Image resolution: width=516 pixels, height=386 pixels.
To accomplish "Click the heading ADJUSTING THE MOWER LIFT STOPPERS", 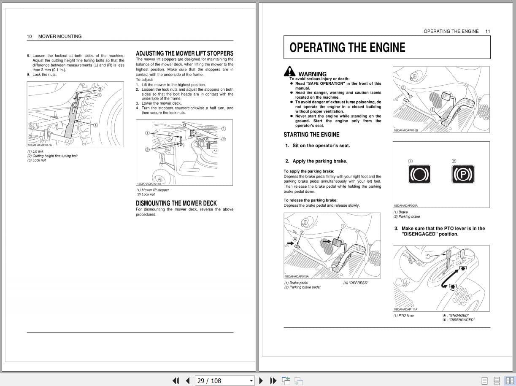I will (184, 53).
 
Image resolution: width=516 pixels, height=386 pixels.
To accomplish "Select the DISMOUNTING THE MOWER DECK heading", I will (176, 203).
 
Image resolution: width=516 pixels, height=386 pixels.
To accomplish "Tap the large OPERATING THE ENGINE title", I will (347, 47).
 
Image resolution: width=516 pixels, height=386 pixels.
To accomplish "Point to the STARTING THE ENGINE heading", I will (311, 135).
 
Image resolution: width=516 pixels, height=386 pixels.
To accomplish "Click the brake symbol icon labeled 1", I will (419, 174).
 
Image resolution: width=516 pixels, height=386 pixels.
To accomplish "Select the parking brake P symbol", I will (463, 174).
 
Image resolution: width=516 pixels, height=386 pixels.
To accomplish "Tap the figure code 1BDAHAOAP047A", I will (40, 145).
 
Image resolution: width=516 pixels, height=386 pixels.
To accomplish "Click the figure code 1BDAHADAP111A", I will (405, 309).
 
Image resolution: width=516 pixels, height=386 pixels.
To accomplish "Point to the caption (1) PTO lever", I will (404, 316).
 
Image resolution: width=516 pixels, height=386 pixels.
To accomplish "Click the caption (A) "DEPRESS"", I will (355, 283).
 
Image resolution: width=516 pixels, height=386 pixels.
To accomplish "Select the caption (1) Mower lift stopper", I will (152, 190).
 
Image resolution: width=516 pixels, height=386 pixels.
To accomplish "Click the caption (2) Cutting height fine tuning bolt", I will (52, 156).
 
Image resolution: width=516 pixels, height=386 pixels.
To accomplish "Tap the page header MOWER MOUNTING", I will (60, 36).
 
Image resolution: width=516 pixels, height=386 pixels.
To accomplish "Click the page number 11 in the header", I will (488, 31).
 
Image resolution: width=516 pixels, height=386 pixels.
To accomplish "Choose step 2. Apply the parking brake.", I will (316, 161).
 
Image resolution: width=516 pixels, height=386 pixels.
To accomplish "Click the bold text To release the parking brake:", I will (311, 200).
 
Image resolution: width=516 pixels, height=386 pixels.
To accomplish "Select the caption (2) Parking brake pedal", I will (302, 287).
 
